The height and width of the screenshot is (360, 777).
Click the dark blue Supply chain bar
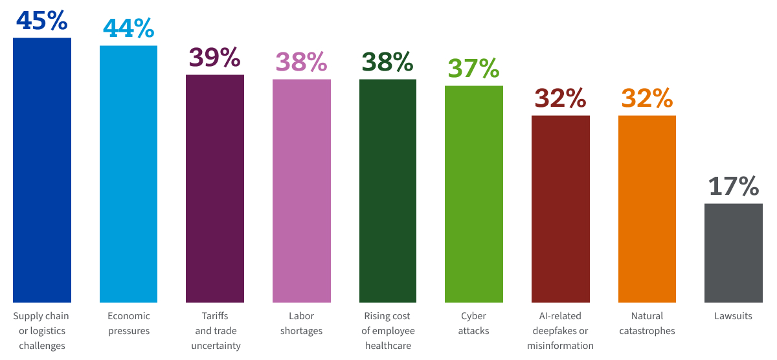(x=42, y=170)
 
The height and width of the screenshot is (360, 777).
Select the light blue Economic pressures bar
(x=128, y=174)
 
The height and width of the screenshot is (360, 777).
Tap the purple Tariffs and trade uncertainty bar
(x=215, y=188)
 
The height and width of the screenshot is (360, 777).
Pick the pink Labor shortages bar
(x=302, y=191)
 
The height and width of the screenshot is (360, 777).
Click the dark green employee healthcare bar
(x=388, y=191)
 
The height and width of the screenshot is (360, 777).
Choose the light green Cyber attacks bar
(x=474, y=194)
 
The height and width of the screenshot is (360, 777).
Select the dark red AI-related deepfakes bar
(x=561, y=209)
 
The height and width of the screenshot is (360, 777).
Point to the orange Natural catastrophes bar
(x=647, y=209)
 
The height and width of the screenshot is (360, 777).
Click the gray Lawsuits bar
(x=734, y=253)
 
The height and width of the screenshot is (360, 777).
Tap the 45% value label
(x=42, y=20)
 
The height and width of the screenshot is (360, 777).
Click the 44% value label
(x=128, y=28)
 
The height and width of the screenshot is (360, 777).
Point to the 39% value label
(x=215, y=58)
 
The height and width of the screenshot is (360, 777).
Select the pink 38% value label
(x=302, y=62)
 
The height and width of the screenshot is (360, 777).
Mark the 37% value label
(x=474, y=68)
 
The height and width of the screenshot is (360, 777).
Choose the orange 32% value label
(x=647, y=98)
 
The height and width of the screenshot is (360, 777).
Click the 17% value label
(x=734, y=186)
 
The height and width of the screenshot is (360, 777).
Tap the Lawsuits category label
(x=734, y=316)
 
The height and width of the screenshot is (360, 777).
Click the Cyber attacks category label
(x=474, y=323)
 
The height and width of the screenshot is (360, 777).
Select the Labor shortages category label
(x=302, y=323)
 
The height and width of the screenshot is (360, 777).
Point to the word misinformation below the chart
(x=561, y=346)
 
